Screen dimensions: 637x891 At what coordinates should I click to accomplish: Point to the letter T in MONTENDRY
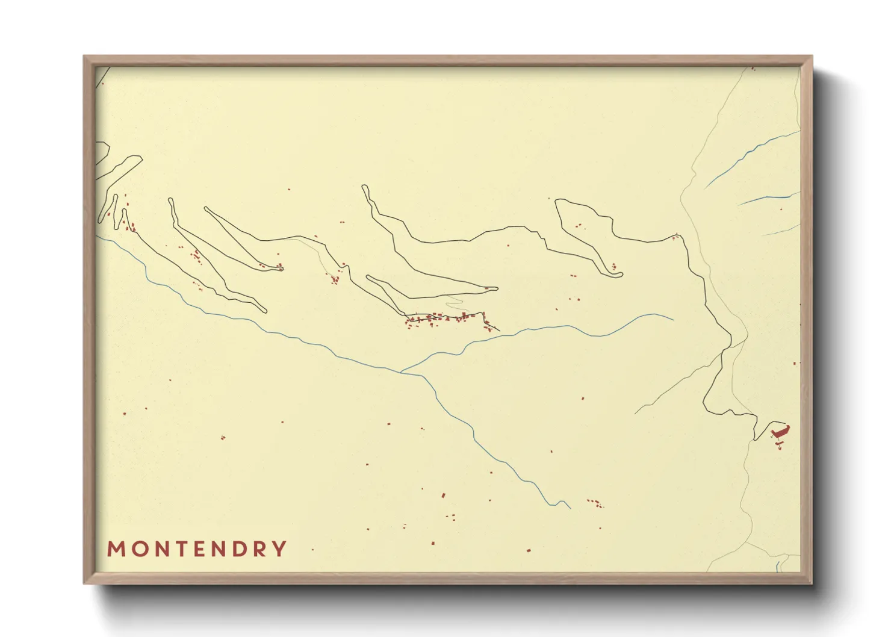[x=178, y=549]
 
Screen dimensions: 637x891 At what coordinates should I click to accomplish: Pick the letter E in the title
[x=197, y=549]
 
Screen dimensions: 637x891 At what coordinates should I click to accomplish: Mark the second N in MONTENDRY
[x=217, y=549]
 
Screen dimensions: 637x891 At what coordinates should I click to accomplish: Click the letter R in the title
[x=259, y=549]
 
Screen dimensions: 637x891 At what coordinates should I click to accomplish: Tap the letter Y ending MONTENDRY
[x=279, y=549]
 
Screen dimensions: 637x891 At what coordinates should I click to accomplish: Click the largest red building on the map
[x=780, y=432]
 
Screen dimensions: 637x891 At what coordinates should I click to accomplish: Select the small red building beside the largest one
[x=780, y=444]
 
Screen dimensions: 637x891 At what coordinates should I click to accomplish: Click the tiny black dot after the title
[x=312, y=550]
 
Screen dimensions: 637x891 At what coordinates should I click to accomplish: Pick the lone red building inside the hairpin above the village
[x=486, y=288]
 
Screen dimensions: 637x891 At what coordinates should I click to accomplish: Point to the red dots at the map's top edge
[x=753, y=69]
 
